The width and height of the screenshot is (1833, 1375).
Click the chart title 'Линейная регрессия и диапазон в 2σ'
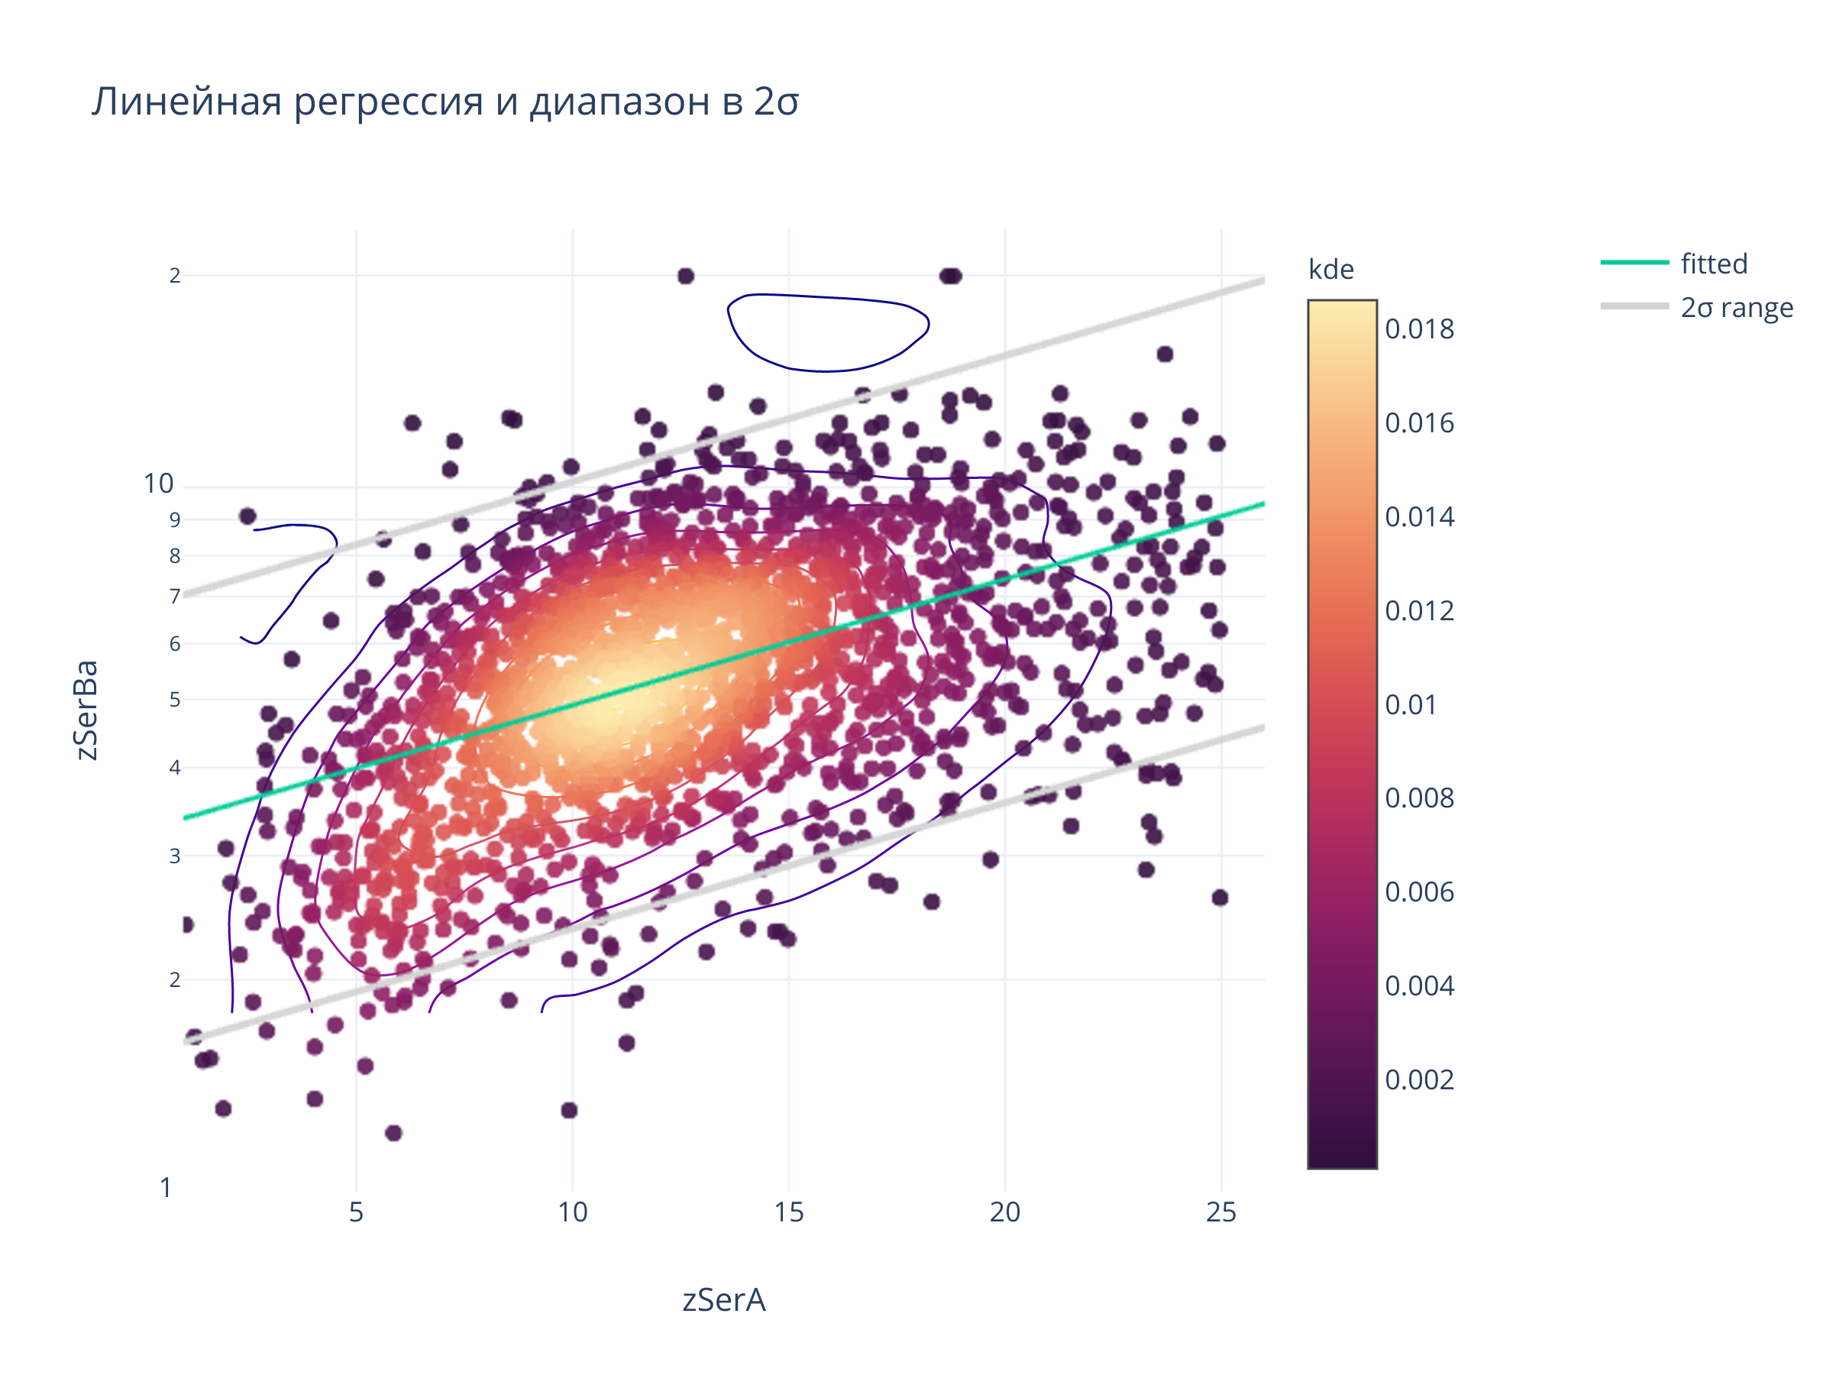coord(445,102)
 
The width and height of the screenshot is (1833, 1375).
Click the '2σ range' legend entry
coord(1736,308)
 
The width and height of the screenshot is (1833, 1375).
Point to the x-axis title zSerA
coord(723,1299)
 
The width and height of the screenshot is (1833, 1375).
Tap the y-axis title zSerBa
coord(86,710)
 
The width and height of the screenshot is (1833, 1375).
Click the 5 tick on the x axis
coord(357,1212)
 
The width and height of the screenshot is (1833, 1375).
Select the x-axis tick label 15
coord(789,1212)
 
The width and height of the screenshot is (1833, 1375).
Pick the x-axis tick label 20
coord(1004,1212)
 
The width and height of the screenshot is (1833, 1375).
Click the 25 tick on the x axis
coord(1220,1212)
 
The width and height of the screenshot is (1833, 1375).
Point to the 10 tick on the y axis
coord(158,484)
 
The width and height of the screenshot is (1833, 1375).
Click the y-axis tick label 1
coord(166,1188)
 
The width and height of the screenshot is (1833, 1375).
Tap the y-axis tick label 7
coord(175,596)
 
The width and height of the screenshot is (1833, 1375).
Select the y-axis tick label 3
coord(175,856)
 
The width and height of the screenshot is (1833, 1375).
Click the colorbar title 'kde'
coord(1330,270)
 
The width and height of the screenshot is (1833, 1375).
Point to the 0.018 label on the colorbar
coord(1419,329)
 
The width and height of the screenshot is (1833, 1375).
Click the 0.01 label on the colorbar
coord(1411,704)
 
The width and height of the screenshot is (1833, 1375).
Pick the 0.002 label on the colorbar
coord(1419,1080)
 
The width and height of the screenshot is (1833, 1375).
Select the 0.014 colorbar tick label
coord(1419,517)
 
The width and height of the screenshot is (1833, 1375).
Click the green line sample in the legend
coord(1634,263)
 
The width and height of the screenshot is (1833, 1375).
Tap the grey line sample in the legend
coord(1634,306)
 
